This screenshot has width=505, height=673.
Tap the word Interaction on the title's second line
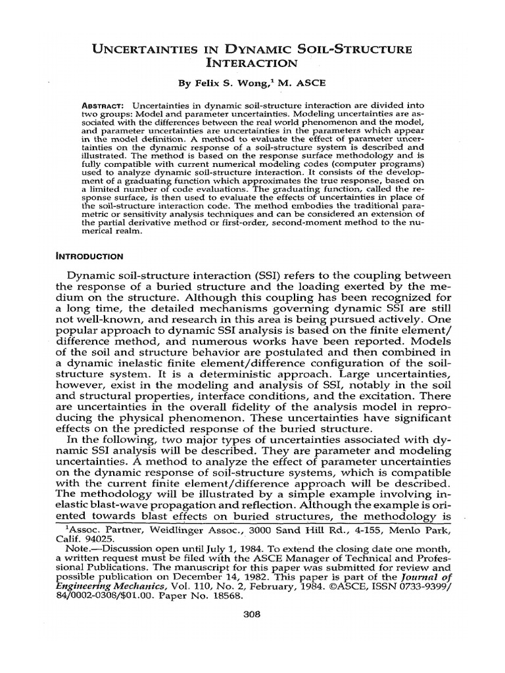pos(252,64)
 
